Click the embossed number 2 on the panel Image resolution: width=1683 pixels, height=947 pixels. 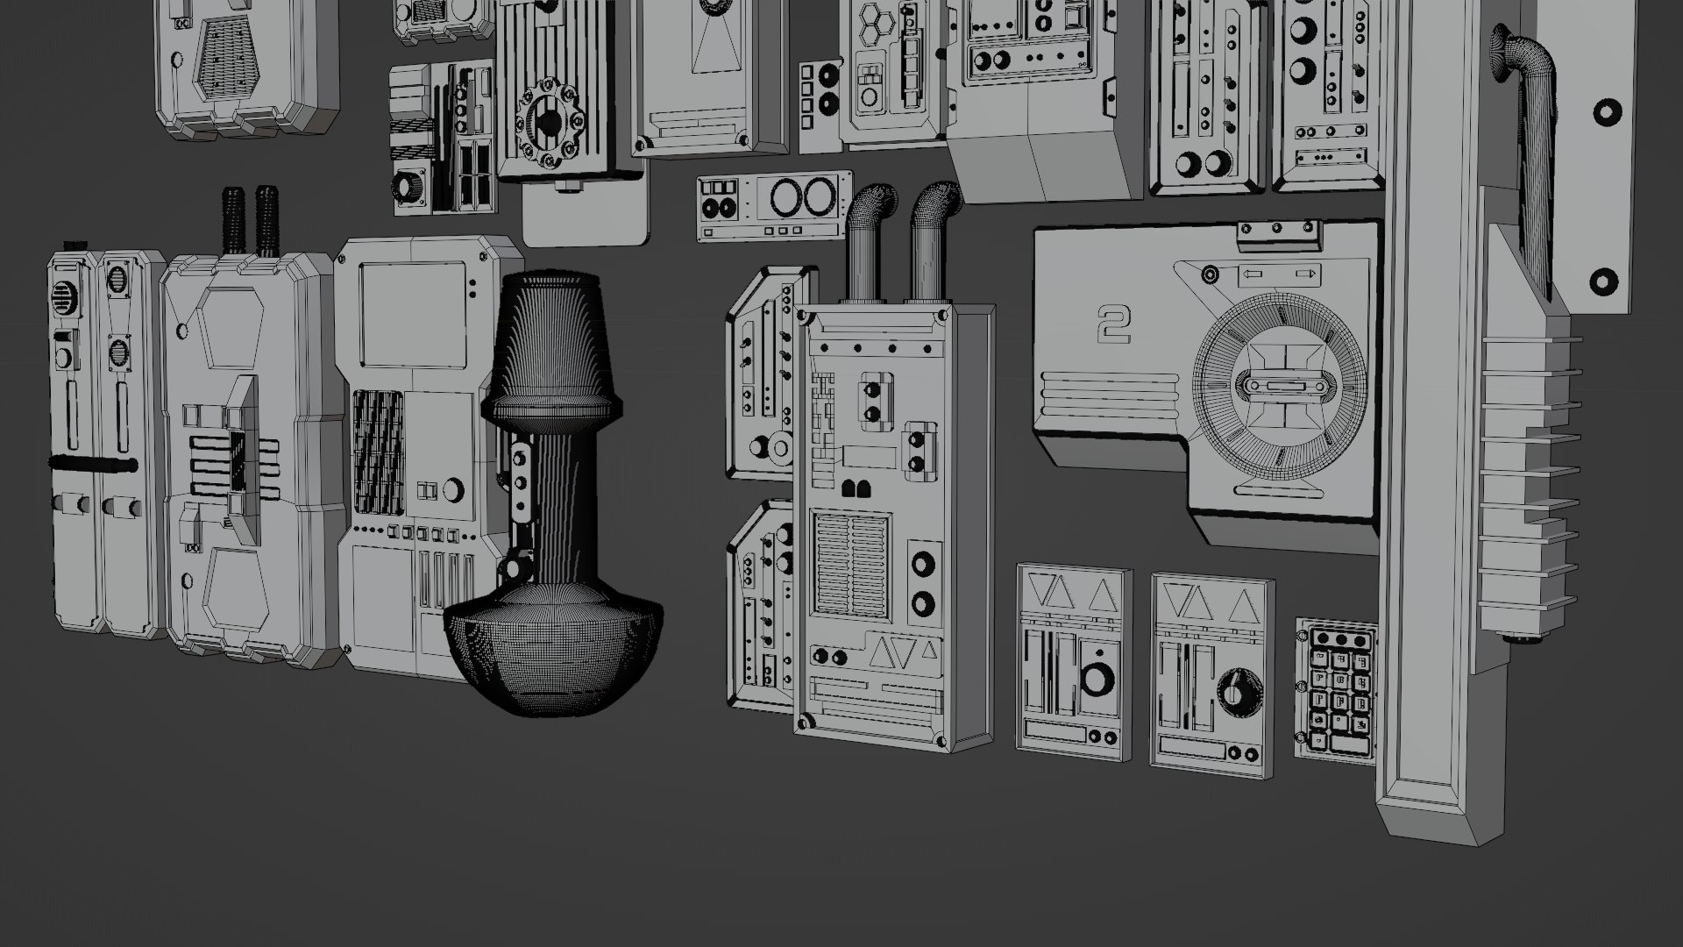(1114, 325)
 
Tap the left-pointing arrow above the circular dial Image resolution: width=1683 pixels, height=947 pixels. (1252, 274)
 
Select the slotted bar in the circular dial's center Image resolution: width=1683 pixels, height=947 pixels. (1281, 387)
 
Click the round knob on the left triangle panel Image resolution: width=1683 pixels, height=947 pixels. (1094, 679)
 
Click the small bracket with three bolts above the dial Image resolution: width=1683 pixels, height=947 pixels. (1277, 232)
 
